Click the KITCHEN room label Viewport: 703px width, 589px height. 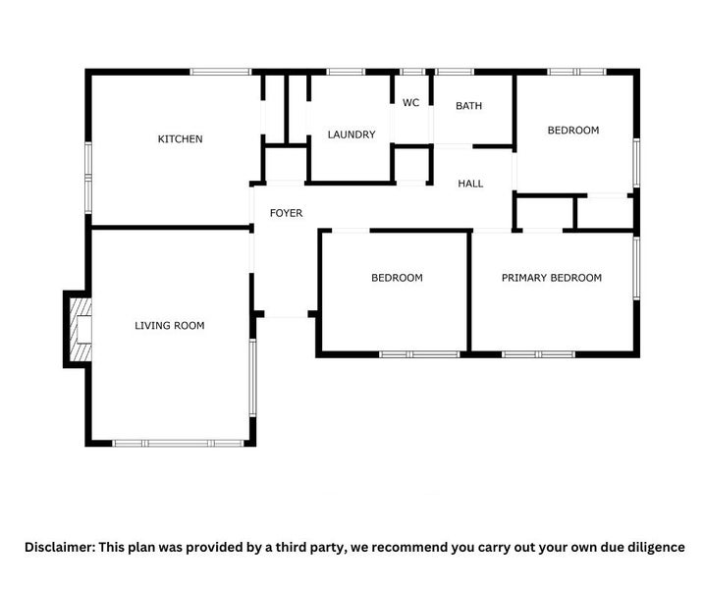click(x=181, y=139)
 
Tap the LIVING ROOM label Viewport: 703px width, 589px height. click(x=170, y=325)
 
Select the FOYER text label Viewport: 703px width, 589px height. click(x=286, y=213)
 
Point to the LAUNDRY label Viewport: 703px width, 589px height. click(x=351, y=134)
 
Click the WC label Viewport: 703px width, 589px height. click(x=411, y=103)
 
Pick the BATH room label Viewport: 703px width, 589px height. click(x=469, y=106)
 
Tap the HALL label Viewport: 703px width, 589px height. click(x=470, y=184)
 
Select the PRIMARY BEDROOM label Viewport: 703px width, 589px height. click(x=552, y=278)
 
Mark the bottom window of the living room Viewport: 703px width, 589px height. click(x=178, y=443)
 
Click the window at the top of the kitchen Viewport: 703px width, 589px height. click(x=220, y=71)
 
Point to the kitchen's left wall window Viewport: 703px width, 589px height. click(x=88, y=177)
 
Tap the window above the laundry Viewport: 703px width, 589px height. click(x=345, y=71)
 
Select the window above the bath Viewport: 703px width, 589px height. click(x=454, y=71)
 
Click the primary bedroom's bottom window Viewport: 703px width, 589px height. click(x=538, y=353)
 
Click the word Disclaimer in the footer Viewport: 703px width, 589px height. click(x=60, y=547)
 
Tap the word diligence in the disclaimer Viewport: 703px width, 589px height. click(x=650, y=547)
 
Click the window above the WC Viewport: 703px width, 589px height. click(x=412, y=71)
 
